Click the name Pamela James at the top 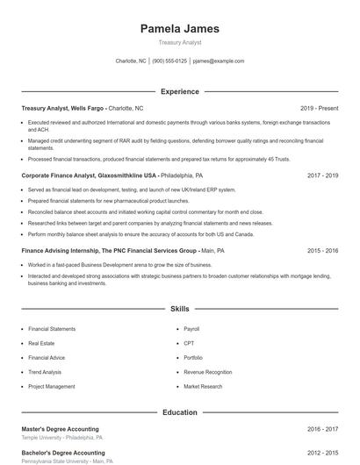pyautogui.click(x=180, y=29)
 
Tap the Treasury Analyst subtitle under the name pyautogui.click(x=180, y=42)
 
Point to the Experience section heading pyautogui.click(x=180, y=91)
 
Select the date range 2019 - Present pyautogui.click(x=319, y=108)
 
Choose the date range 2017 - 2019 pyautogui.click(x=322, y=175)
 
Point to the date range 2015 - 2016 pyautogui.click(x=322, y=250)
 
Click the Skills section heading pyautogui.click(x=180, y=309)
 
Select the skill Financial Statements pyautogui.click(x=52, y=329)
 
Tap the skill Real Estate pyautogui.click(x=41, y=343)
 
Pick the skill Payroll pyautogui.click(x=192, y=329)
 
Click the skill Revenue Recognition pyautogui.click(x=208, y=372)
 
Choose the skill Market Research pyautogui.click(x=204, y=386)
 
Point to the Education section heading pyautogui.click(x=180, y=411)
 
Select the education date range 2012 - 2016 pyautogui.click(x=322, y=453)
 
